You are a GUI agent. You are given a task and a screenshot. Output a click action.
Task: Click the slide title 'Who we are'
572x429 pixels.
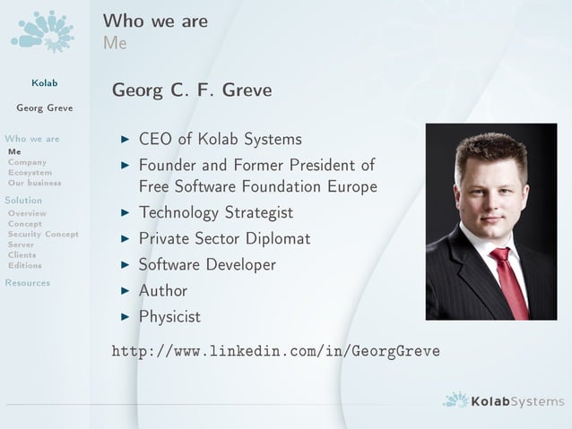click(x=155, y=20)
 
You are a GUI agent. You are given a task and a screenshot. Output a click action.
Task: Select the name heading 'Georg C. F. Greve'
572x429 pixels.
click(x=191, y=91)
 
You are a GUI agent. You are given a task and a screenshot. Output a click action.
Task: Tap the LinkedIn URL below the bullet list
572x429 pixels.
click(x=275, y=351)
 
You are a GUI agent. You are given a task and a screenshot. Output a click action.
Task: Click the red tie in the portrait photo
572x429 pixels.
click(x=508, y=281)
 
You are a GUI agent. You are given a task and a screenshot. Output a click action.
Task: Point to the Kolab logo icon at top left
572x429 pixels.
click(x=42, y=31)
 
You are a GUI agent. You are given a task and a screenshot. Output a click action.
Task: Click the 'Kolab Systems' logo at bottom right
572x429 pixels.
click(x=504, y=401)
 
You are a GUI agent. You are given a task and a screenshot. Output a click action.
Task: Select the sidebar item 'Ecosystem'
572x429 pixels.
click(x=30, y=172)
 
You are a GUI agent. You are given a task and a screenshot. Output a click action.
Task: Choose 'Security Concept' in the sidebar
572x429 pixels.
click(x=43, y=234)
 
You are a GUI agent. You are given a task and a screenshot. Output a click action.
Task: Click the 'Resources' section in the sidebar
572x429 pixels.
click(x=28, y=283)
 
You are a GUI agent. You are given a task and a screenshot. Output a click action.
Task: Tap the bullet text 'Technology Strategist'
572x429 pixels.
click(x=215, y=213)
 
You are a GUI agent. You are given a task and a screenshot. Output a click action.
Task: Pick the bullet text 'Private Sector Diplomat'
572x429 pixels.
click(x=224, y=239)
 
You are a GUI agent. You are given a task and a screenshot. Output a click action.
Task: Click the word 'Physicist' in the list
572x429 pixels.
click(x=169, y=317)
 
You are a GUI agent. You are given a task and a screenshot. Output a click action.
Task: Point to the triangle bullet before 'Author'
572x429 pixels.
click(x=126, y=291)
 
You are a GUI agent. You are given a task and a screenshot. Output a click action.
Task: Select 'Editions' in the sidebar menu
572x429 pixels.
click(x=24, y=265)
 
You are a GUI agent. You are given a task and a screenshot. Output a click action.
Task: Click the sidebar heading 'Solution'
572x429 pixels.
click(x=23, y=201)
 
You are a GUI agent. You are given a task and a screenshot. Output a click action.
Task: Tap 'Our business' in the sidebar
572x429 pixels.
click(x=34, y=183)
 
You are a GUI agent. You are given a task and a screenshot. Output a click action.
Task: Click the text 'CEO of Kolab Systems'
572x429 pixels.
click(x=220, y=140)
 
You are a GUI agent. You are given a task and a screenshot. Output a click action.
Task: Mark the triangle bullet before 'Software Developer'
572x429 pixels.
click(x=126, y=265)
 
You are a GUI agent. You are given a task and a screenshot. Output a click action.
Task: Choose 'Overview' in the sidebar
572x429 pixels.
click(x=27, y=214)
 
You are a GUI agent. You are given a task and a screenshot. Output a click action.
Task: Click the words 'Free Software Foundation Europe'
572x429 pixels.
click(x=257, y=187)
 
